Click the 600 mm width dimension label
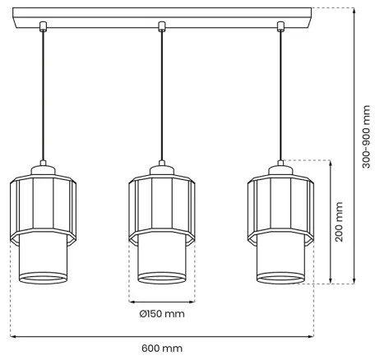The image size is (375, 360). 161,349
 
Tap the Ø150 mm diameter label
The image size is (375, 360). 162,314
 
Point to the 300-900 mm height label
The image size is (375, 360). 365,140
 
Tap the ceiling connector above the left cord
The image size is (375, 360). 42,25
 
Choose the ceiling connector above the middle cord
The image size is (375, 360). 161,25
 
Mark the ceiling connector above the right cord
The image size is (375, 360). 280,25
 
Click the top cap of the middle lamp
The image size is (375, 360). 161,169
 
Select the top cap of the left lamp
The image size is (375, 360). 42,169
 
